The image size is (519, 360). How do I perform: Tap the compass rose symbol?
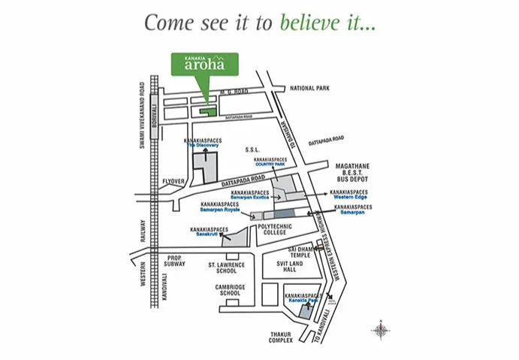pyautogui.click(x=382, y=330)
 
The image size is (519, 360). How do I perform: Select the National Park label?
pyautogui.click(x=309, y=88)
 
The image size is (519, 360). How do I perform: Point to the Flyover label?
pyautogui.click(x=173, y=180)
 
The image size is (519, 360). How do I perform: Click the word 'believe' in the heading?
pyautogui.click(x=306, y=22)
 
